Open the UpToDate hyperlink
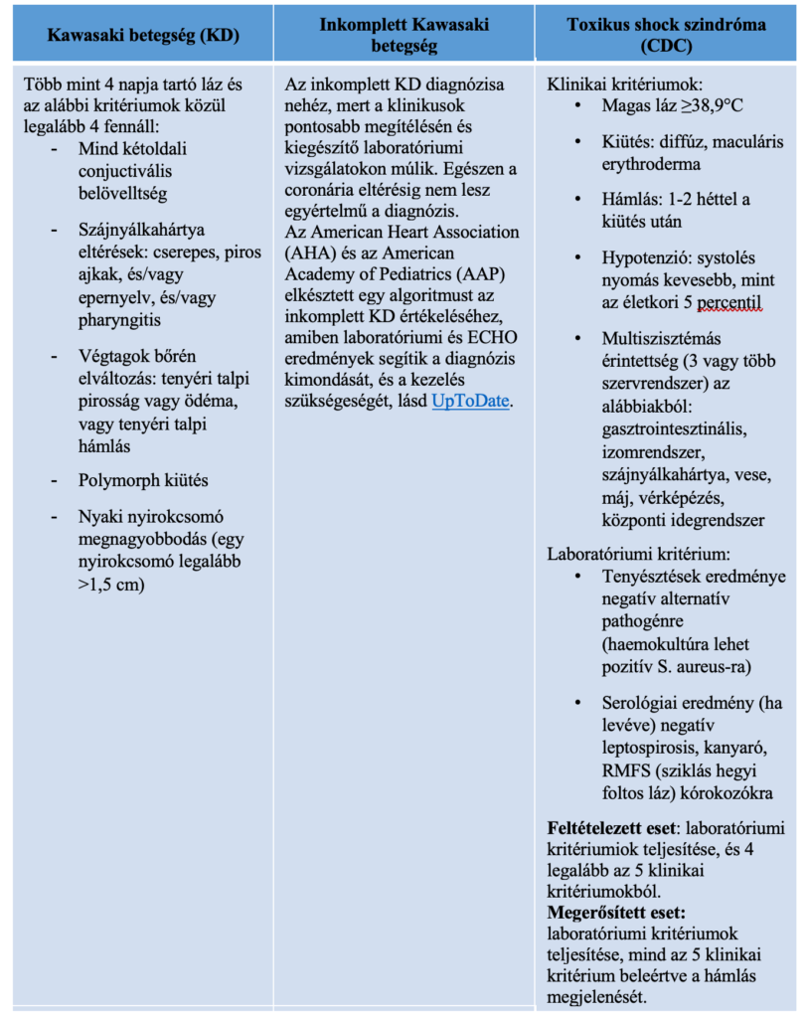coord(470,402)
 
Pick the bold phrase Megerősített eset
coord(616,911)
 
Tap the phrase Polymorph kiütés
coord(143,480)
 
